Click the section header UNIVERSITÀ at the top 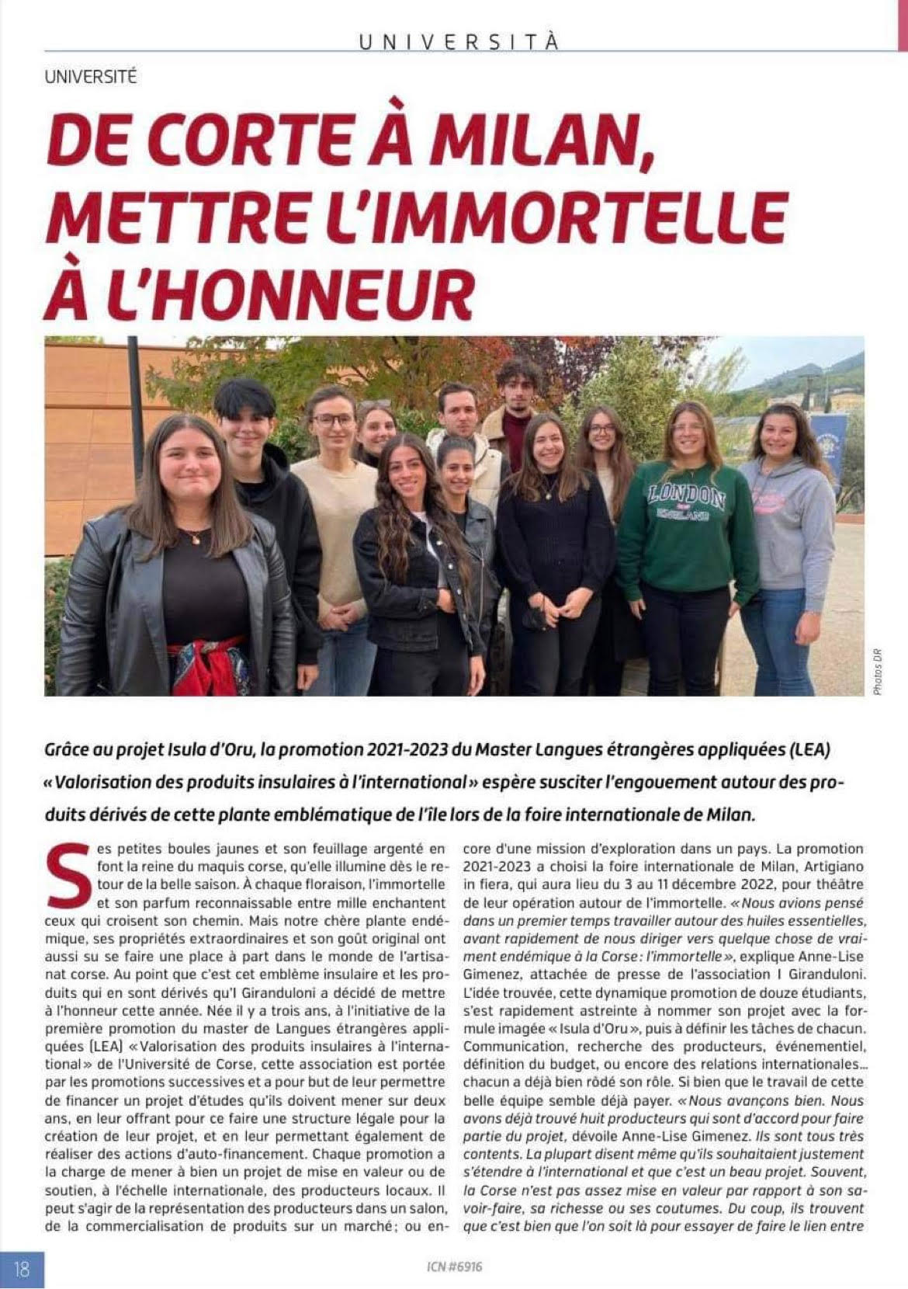click(459, 42)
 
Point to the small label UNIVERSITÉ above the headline click(91, 78)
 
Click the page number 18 click(22, 1269)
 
